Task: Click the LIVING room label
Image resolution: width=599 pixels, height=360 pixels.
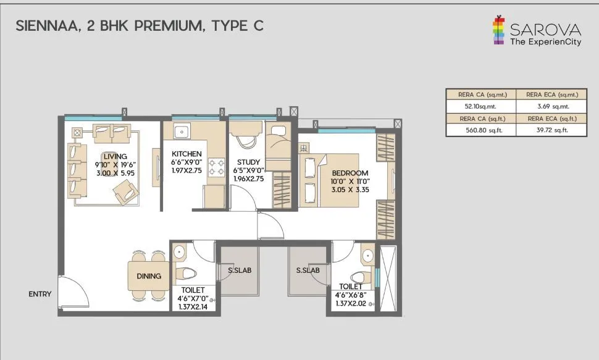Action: coord(111,157)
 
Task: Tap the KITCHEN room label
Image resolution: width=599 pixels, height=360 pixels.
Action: coord(186,154)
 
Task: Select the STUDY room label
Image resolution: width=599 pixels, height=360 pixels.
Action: coord(247,162)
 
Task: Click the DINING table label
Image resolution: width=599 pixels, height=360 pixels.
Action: coord(149,276)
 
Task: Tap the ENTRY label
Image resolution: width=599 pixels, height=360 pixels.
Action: coord(40,295)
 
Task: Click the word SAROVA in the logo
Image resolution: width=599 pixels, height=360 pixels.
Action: coord(545,30)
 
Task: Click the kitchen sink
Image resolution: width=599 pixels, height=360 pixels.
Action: coord(183,132)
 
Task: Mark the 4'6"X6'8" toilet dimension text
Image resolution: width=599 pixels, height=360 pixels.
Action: coord(351,295)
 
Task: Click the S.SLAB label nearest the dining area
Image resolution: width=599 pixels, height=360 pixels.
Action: coord(240,270)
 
